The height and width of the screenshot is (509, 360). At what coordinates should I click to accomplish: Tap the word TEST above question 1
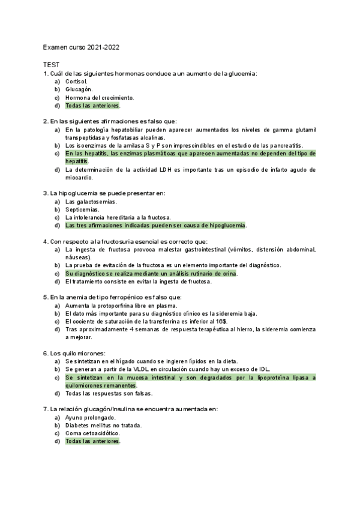(x=51, y=64)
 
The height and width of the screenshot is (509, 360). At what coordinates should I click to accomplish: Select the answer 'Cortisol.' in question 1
(x=77, y=81)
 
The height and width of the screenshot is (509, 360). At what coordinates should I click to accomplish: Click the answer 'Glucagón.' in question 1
(x=79, y=89)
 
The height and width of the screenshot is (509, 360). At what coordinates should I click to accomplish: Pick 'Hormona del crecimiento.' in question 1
(x=100, y=97)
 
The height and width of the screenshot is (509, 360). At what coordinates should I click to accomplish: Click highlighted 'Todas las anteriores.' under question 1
(x=93, y=106)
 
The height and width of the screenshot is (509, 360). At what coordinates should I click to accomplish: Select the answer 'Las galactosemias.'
(x=91, y=202)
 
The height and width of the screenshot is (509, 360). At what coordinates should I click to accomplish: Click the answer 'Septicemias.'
(x=82, y=209)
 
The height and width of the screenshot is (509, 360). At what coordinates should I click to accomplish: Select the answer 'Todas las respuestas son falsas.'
(x=109, y=394)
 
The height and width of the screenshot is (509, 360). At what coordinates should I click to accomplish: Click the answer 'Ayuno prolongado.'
(x=91, y=417)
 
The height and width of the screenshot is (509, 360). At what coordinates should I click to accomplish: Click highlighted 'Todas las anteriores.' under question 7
(x=93, y=442)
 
